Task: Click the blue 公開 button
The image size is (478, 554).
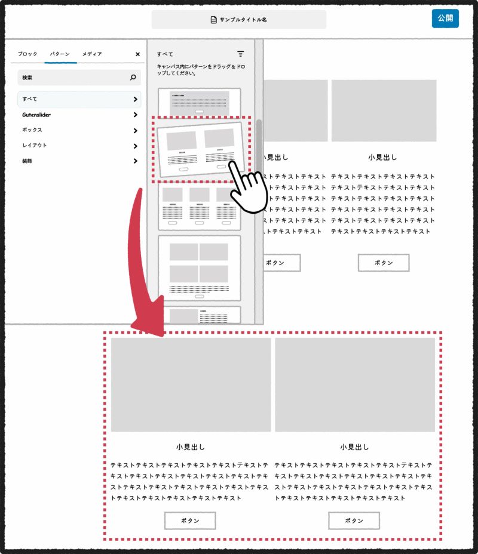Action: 445,19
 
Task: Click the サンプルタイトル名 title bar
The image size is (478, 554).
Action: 239,20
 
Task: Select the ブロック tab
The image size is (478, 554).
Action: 27,54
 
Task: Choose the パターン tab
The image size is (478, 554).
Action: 60,54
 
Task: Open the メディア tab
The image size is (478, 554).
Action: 92,54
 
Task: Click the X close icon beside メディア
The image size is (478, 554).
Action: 137,54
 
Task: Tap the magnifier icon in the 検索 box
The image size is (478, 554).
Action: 133,78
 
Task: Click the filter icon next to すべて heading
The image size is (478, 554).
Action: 240,54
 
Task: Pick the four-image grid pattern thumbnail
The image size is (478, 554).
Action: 199,267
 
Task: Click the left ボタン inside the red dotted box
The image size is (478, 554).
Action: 190,521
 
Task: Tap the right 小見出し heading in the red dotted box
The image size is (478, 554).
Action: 355,447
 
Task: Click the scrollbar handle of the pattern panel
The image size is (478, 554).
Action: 259,143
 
